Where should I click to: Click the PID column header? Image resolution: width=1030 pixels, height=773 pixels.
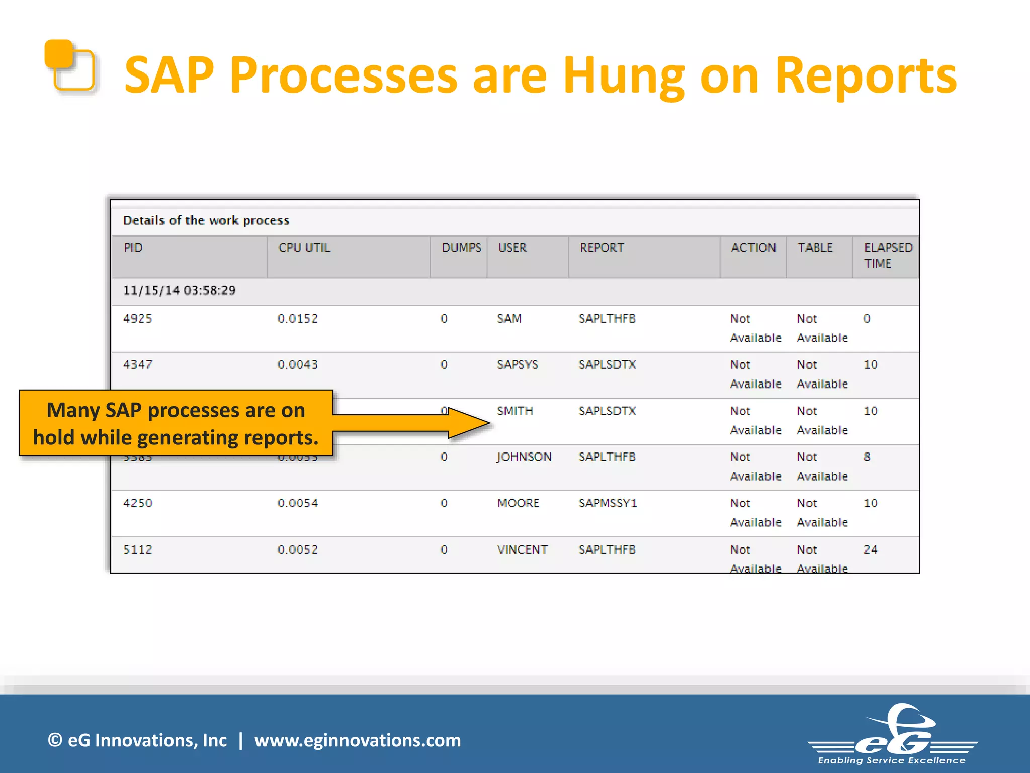point(133,248)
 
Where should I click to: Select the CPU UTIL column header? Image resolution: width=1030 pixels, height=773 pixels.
point(304,248)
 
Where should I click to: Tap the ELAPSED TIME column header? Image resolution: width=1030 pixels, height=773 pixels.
point(887,255)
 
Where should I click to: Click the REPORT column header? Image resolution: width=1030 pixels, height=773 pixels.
point(602,248)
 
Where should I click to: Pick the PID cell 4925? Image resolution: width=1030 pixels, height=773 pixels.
point(137,319)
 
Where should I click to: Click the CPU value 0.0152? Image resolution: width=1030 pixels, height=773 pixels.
point(297,319)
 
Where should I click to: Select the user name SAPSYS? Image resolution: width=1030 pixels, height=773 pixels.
point(518,365)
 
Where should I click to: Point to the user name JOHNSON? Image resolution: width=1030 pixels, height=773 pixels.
point(524,457)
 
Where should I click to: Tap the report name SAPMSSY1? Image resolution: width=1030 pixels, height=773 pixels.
point(608,503)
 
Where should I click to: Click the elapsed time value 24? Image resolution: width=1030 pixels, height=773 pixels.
point(870,550)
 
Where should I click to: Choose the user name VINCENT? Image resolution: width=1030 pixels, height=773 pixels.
point(522,550)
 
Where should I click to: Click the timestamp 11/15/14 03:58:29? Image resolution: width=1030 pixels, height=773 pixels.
point(179,291)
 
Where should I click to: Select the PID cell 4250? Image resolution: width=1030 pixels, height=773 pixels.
point(137,503)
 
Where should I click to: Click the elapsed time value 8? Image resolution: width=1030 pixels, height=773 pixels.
point(867,457)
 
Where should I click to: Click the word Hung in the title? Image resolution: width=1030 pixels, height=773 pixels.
point(623,75)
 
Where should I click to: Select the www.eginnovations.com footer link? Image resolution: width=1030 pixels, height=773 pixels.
point(357,740)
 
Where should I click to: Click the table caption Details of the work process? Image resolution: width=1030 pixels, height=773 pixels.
point(206,221)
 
